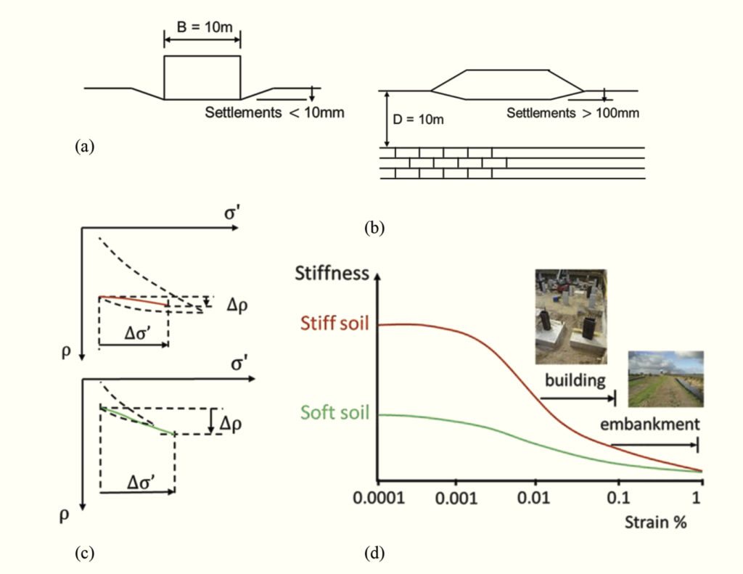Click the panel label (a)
(x=84, y=147)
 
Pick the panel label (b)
(x=374, y=228)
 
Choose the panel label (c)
(x=84, y=554)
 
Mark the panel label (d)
(x=374, y=554)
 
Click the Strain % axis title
(x=657, y=522)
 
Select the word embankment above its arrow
(x=654, y=424)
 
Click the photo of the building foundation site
(x=570, y=316)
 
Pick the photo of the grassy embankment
(x=665, y=379)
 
